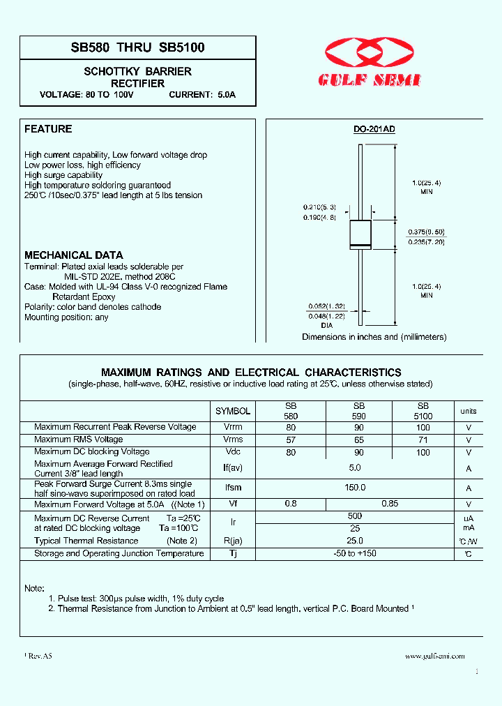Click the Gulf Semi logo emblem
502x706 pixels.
pos(370,54)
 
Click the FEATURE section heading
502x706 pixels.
pos(48,129)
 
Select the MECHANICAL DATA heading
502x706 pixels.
pos(74,255)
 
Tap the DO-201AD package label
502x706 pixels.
pos(374,130)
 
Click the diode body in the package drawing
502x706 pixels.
pos(360,234)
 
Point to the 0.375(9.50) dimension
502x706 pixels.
pos(427,231)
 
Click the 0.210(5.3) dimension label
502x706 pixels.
pos(319,207)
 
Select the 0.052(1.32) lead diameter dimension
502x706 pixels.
pos(326,306)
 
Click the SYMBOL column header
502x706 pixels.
pos(232,412)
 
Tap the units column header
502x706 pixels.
pos(469,412)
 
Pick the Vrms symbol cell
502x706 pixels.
pos(233,440)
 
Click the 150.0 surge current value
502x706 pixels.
pos(355,488)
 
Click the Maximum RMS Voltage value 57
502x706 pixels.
pos(291,440)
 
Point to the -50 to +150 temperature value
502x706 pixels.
pos(355,553)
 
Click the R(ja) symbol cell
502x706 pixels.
pos(233,541)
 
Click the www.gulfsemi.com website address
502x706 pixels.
pos(434,656)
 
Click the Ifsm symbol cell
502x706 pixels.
pos(233,488)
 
